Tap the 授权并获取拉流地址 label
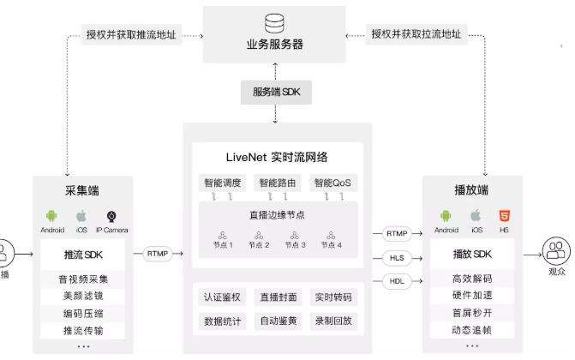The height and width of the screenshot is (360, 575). tap(416, 34)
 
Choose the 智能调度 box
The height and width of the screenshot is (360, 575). tap(222, 183)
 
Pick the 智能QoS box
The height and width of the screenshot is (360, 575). tap(332, 183)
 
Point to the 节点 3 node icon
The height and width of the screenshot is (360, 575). tap(295, 236)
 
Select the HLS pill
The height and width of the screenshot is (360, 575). tap(396, 258)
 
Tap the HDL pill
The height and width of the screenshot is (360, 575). tap(396, 281)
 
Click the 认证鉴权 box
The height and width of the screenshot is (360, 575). tap(223, 297)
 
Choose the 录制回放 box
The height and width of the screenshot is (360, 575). tap(332, 321)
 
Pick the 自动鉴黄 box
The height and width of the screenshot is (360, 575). tap(278, 321)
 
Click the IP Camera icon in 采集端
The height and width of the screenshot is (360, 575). tap(111, 216)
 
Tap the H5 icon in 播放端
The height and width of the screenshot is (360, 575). tap(504, 216)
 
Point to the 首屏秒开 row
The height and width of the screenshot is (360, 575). tap(471, 313)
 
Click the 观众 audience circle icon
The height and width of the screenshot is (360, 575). tap(556, 252)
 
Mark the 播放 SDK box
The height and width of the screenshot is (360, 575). tap(472, 254)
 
